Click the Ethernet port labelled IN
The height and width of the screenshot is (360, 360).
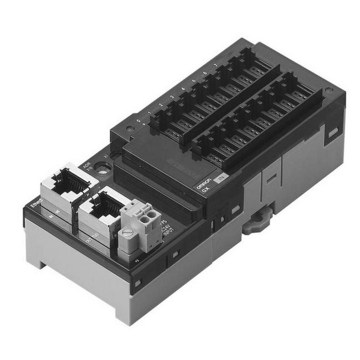(x=61, y=182)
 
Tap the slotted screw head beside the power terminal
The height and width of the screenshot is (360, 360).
(x=127, y=234)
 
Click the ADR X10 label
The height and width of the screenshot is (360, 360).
(x=86, y=166)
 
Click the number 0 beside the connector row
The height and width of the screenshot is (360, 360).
(x=138, y=121)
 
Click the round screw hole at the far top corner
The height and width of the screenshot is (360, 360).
(x=330, y=89)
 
